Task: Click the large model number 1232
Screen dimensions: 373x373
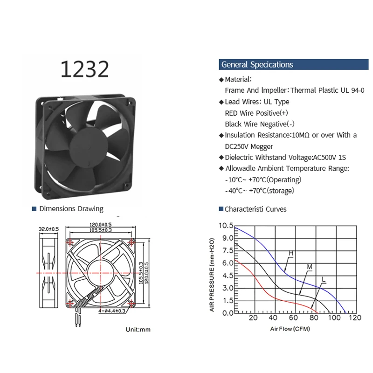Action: [x=84, y=69]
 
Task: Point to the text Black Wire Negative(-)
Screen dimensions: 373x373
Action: [x=259, y=124]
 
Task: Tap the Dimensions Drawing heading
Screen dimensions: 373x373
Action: [x=71, y=209]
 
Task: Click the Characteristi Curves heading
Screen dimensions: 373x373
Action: [x=255, y=209]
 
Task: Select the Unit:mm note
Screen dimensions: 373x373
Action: [x=138, y=330]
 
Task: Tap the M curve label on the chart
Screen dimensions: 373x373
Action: [x=309, y=266]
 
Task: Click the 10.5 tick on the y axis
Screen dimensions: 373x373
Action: [x=225, y=225]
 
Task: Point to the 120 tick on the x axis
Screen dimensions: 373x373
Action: [x=355, y=318]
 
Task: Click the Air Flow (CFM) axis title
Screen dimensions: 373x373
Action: [x=290, y=329]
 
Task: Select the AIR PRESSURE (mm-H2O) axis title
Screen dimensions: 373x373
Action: [x=212, y=276]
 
